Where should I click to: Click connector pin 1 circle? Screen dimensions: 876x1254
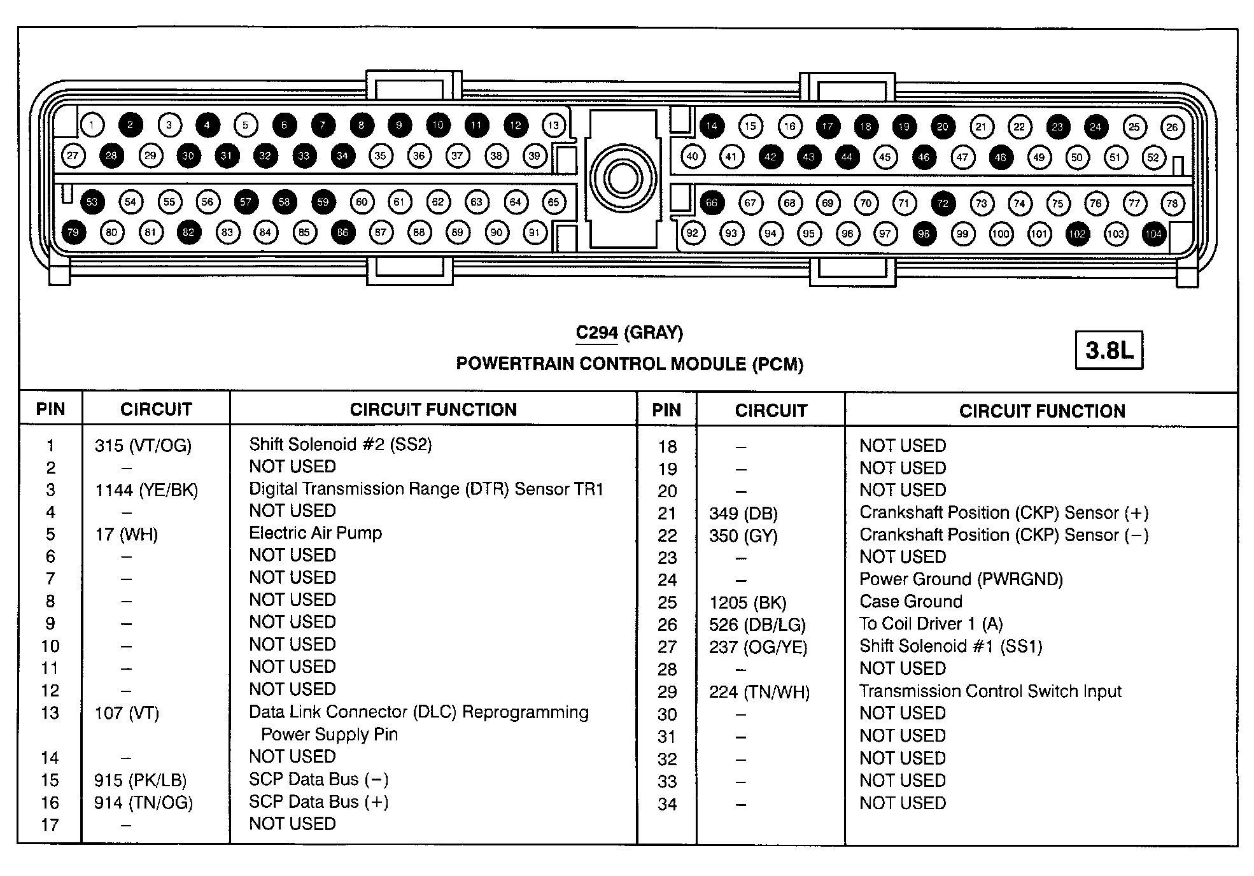coord(92,125)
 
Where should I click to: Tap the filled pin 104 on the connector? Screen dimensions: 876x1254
coord(1153,234)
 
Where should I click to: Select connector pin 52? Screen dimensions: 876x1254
coord(1153,157)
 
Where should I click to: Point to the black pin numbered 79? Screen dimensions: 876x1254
coord(73,232)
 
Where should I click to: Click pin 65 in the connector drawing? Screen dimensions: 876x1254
coord(553,202)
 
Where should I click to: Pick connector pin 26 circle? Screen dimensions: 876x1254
coord(1172,127)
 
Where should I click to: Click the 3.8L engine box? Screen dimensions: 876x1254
coord(1109,350)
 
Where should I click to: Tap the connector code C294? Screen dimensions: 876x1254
coord(596,333)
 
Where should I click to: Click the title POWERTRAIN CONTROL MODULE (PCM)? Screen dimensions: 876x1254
coord(630,364)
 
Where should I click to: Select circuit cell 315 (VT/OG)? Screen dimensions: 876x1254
coord(143,446)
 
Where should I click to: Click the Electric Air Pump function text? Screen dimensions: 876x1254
coord(315,533)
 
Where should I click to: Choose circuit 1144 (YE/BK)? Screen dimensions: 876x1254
coord(146,490)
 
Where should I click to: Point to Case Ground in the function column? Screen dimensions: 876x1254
coord(910,602)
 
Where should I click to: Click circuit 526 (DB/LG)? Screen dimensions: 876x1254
coord(757,625)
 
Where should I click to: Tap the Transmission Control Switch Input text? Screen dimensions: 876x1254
coord(990,691)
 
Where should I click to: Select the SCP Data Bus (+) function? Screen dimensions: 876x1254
coord(318,802)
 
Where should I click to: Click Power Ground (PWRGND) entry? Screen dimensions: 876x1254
coord(961,579)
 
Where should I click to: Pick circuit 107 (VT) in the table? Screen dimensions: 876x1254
coord(127,713)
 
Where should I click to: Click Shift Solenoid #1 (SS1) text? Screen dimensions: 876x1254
coord(950,647)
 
